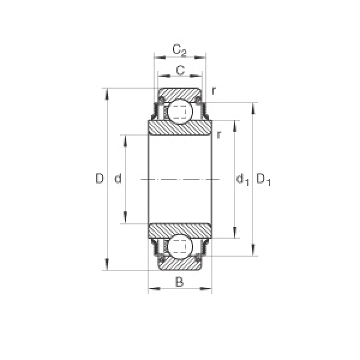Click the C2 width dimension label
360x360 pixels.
(179, 50)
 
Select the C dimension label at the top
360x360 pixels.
(180, 70)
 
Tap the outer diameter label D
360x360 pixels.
(100, 178)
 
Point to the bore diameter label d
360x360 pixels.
(118, 178)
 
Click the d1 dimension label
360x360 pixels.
(242, 179)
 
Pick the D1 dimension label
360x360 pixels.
(263, 179)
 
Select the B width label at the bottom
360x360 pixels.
(179, 282)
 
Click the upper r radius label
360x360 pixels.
(214, 91)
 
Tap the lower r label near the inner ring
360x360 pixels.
(219, 135)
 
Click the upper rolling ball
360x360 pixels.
(180, 112)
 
